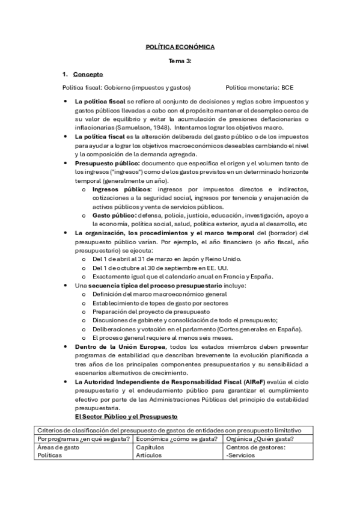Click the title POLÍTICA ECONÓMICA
(180, 47)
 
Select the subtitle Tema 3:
(180, 61)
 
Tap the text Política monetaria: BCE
(259, 87)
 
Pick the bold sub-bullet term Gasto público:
(114, 215)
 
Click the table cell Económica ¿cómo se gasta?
(177, 439)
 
